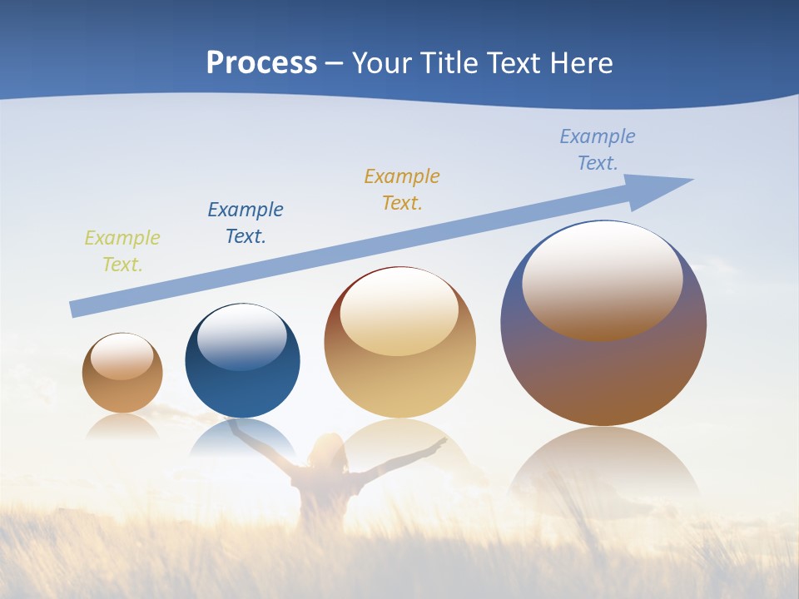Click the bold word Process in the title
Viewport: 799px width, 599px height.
[x=261, y=63]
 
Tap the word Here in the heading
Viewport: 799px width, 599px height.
[x=580, y=63]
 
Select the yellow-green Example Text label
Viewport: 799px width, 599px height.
[x=122, y=251]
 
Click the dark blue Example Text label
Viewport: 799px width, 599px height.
[x=246, y=223]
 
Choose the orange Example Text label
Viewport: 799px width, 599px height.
[x=402, y=190]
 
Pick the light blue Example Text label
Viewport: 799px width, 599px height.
[x=598, y=150]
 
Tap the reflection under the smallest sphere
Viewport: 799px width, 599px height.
[x=122, y=426]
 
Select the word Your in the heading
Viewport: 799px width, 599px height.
[x=381, y=63]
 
